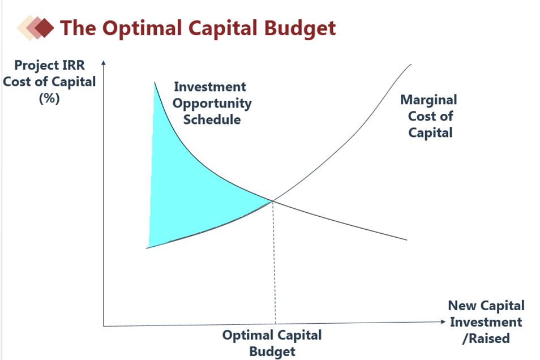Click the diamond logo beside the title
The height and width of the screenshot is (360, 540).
[36, 28]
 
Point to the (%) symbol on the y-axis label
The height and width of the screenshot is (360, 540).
[49, 98]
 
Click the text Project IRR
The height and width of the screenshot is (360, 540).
[49, 65]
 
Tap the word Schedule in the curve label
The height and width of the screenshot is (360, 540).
[212, 119]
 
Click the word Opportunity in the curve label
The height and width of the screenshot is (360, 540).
[212, 104]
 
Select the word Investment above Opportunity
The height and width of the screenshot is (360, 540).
[210, 87]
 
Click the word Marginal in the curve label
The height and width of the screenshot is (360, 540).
[428, 100]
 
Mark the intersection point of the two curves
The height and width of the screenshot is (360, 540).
[273, 201]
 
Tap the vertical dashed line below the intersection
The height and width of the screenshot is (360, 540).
[275, 262]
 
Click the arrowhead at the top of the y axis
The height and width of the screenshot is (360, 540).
[104, 63]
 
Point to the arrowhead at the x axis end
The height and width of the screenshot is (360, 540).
[443, 322]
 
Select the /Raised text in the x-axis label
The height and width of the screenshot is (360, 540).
[486, 338]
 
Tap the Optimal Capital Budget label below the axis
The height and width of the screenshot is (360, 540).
[272, 343]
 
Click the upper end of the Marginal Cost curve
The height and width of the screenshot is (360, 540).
[411, 64]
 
